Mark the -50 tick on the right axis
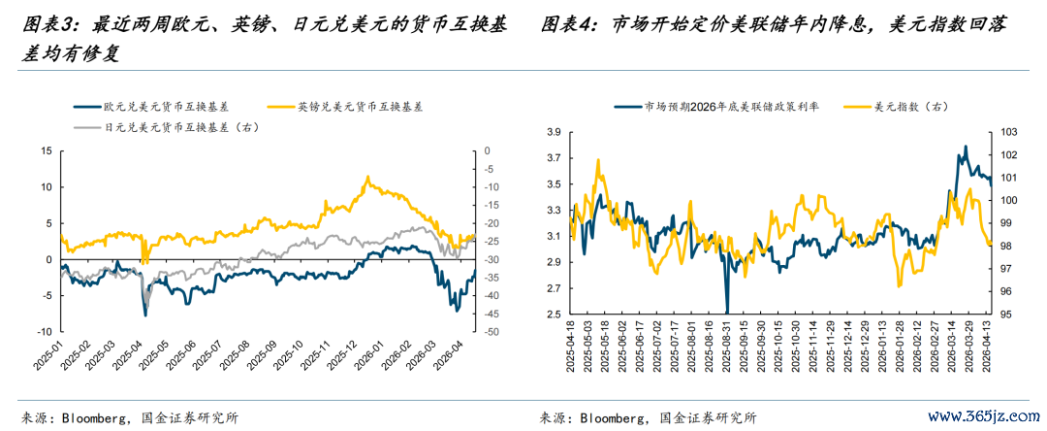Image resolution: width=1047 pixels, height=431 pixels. tap(492, 332)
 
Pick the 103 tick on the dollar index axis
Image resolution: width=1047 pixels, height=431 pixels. tap(1008, 132)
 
